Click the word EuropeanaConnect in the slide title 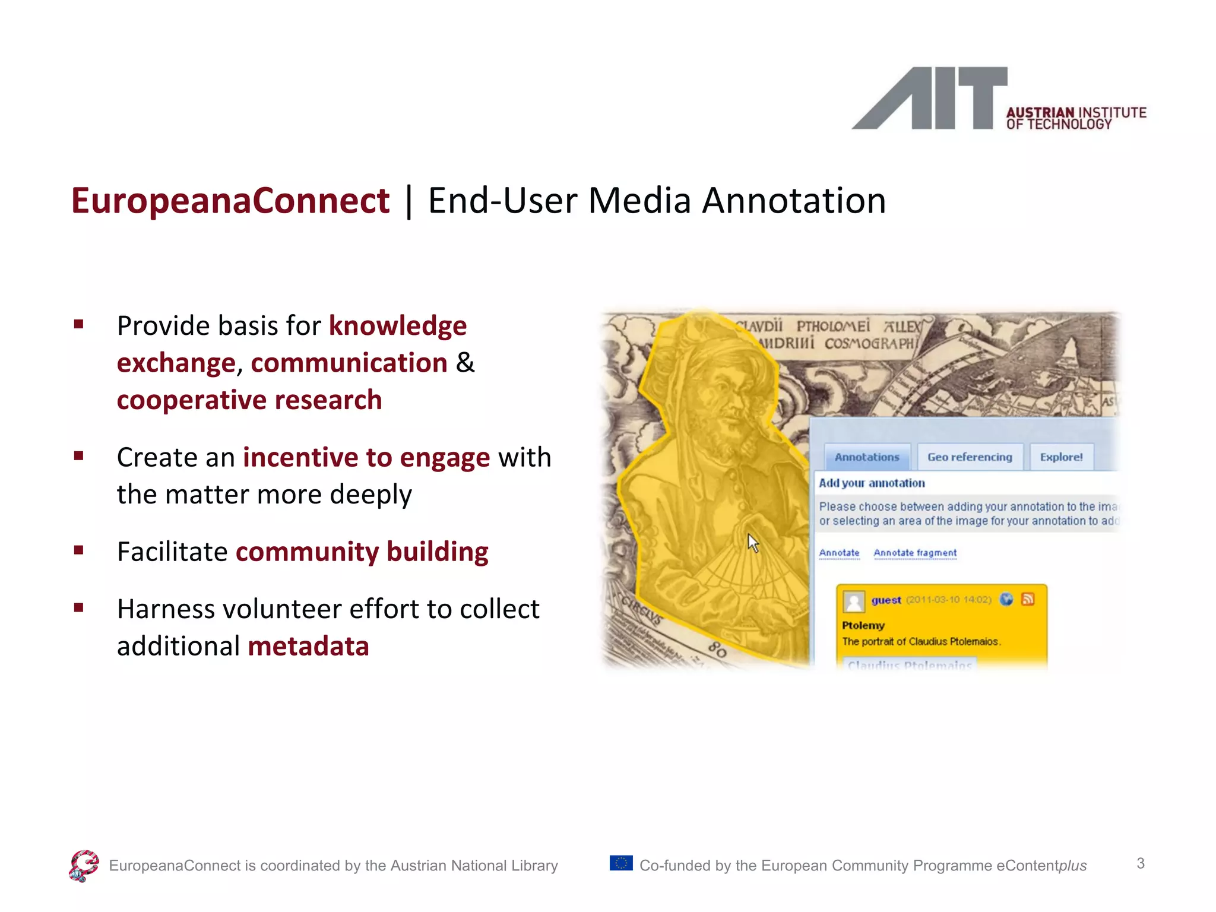230,201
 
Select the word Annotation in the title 794,201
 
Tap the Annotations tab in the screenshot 867,457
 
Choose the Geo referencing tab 970,457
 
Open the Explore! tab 1061,457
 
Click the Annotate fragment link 915,553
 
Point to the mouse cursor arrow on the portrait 752,542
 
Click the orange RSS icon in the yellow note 1028,599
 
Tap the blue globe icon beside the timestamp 1006,599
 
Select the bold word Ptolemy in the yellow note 863,625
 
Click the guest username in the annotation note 886,600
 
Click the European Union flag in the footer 621,863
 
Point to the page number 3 1140,863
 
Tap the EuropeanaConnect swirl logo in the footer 84,866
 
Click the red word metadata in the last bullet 308,646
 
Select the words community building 362,552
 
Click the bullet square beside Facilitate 78,550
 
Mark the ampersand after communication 465,363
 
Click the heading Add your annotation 872,483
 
